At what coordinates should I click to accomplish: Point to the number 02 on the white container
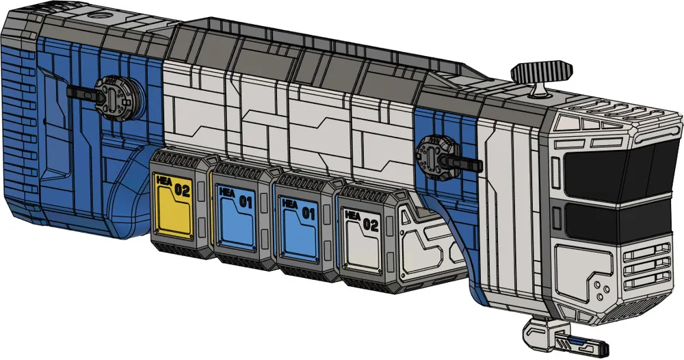point(370,222)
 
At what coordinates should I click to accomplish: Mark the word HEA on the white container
point(353,215)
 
